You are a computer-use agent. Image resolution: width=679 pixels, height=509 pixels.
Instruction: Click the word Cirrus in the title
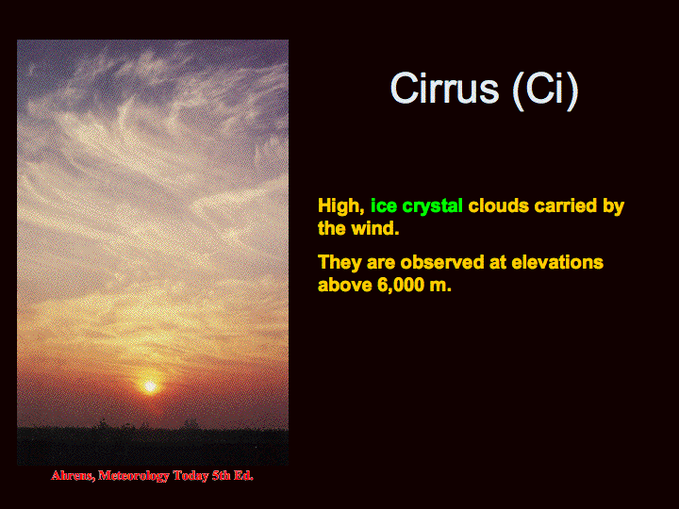(445, 89)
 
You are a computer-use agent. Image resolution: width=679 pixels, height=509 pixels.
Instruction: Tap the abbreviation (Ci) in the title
(545, 90)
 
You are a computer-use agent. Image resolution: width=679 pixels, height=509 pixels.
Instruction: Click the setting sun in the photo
(150, 386)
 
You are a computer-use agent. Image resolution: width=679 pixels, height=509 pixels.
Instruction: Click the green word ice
(384, 206)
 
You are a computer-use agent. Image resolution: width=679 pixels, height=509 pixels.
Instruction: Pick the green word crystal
(433, 206)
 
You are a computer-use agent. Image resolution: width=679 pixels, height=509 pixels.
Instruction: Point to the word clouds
(499, 206)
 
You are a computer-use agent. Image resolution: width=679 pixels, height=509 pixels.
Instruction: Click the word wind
(375, 228)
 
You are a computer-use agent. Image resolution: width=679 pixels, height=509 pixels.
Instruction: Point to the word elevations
(557, 262)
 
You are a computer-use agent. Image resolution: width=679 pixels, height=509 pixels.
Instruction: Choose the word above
(345, 285)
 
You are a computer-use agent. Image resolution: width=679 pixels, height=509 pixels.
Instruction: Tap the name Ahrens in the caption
(73, 476)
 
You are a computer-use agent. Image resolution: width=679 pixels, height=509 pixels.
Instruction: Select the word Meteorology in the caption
(133, 476)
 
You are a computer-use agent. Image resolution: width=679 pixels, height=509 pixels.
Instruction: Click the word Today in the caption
(190, 476)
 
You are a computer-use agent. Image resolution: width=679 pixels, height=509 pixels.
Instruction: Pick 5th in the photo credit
(221, 476)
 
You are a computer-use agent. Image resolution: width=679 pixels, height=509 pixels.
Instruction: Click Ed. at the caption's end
(243, 476)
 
